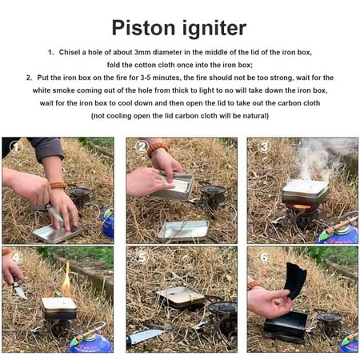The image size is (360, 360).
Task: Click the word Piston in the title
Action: click(143, 28)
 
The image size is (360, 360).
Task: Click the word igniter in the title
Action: click(214, 29)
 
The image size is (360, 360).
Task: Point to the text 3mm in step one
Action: click(142, 52)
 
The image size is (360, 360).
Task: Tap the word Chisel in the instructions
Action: click(70, 52)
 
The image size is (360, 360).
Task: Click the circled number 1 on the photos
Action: click(16, 147)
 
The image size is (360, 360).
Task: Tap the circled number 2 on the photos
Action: click(142, 146)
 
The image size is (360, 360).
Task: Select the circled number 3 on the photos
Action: click(264, 146)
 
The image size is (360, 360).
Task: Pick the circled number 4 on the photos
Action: click(16, 258)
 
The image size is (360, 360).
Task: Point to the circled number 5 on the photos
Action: click(142, 258)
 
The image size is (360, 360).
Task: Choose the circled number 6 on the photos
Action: click(264, 258)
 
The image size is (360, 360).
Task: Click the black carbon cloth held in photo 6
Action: click(295, 281)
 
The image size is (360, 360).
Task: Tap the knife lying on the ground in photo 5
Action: click(146, 337)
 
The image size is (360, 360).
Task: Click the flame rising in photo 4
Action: click(66, 280)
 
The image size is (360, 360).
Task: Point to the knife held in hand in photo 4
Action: click(18, 289)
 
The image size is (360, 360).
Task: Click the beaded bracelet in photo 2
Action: click(158, 148)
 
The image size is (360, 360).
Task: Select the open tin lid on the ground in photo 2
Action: click(183, 230)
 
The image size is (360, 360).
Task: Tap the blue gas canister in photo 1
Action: click(108, 223)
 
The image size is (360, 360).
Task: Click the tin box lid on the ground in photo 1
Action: click(57, 233)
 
